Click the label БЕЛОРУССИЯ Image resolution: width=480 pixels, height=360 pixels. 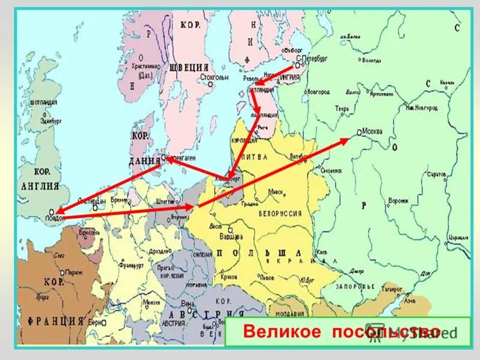[280, 213]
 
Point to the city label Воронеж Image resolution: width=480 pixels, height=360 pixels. [397, 200]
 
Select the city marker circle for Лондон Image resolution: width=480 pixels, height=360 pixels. [52, 211]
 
